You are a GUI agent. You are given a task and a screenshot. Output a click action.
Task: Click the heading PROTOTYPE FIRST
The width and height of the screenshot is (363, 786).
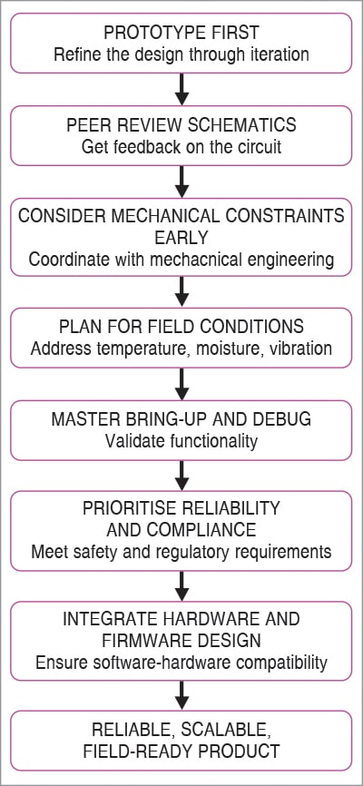click(181, 32)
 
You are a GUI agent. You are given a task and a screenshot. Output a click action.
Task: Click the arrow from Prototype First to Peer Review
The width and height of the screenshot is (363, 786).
click(181, 89)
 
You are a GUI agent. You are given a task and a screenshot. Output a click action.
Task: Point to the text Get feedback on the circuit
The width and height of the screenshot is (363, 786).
click(181, 147)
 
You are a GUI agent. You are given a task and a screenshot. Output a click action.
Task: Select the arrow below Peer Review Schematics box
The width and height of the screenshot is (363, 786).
click(181, 182)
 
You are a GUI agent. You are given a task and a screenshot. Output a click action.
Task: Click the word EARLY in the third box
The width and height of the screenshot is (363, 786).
click(181, 237)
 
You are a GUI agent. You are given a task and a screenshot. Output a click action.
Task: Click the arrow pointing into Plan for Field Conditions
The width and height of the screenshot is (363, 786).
click(181, 292)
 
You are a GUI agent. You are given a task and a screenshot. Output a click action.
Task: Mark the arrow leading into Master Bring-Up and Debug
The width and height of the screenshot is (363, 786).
click(181, 384)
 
